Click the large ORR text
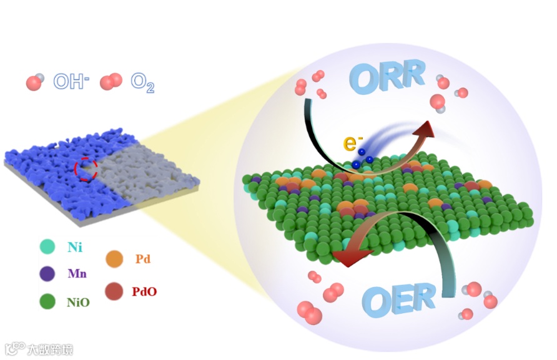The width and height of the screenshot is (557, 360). coord(388,76)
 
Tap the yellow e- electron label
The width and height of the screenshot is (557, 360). coord(351,143)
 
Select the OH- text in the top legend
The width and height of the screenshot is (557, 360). coord(71,81)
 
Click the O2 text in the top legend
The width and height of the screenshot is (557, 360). coord(142,82)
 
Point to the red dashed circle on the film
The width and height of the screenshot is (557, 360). coord(86,168)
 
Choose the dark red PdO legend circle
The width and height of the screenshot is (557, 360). coord(114,290)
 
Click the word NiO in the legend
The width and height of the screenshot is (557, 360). coord(78,303)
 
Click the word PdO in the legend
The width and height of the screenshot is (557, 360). coord(144,291)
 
